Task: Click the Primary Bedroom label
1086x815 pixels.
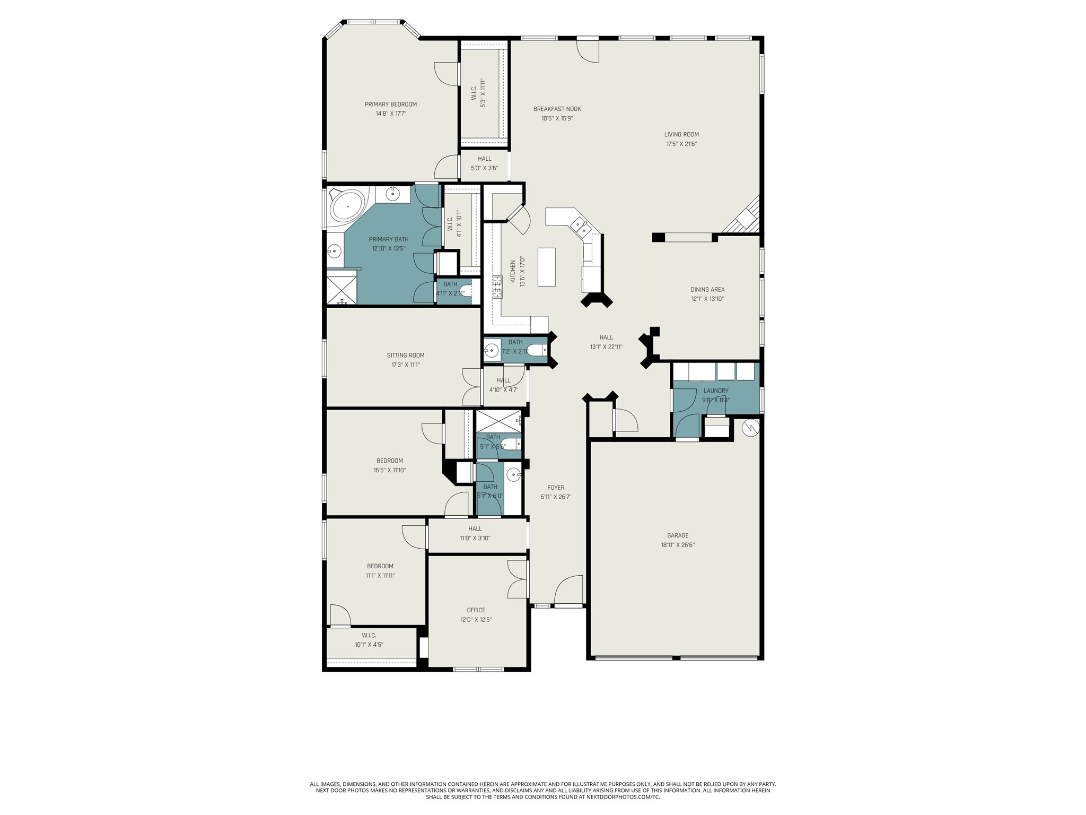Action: click(390, 105)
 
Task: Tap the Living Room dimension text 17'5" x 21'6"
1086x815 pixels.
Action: click(681, 144)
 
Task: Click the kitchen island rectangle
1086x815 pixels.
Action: click(547, 267)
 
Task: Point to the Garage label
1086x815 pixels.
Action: click(678, 535)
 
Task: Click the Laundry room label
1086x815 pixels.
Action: click(716, 391)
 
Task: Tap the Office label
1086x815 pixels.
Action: click(476, 610)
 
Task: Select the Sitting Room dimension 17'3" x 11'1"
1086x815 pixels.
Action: click(406, 365)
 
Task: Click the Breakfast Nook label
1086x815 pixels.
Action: click(557, 109)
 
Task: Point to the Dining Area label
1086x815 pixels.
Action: click(707, 290)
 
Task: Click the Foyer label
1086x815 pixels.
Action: click(556, 488)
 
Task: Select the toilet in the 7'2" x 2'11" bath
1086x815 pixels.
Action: click(537, 350)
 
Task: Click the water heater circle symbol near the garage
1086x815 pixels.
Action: click(751, 427)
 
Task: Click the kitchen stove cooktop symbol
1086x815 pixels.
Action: click(497, 287)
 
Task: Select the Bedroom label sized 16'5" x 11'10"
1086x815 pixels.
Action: click(390, 461)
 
